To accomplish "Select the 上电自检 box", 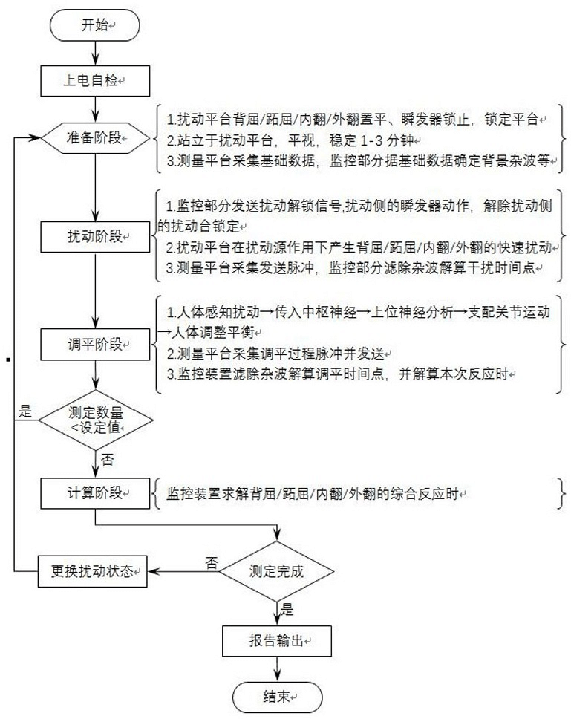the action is [95, 81].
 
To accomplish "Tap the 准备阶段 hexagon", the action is [95, 137].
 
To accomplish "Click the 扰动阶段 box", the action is [95, 237].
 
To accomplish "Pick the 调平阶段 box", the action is [95, 345].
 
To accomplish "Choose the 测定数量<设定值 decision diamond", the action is [95, 420].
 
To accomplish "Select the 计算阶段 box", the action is [95, 493].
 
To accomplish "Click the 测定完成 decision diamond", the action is [276, 571].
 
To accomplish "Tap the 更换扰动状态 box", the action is [92, 571].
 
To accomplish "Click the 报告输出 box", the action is [277, 640].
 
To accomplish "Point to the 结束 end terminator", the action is [277, 697].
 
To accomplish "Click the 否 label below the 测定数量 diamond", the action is [107, 460].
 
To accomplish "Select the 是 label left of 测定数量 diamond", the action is [25, 411].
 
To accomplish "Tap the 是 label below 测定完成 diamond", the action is [287, 609].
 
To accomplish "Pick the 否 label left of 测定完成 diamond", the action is [212, 562].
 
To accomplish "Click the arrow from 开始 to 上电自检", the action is [95, 53].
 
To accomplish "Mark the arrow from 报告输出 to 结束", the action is [277, 669].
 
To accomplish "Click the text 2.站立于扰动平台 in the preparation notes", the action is [220, 140].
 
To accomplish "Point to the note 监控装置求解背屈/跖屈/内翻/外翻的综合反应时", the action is [313, 494].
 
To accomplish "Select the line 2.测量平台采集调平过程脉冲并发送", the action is [275, 354].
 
